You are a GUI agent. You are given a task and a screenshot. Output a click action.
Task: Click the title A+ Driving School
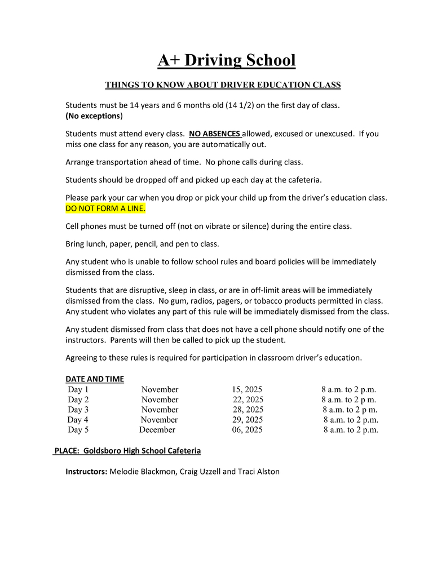pos(226,60)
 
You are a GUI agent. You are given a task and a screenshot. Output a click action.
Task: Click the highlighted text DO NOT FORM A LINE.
pos(105,208)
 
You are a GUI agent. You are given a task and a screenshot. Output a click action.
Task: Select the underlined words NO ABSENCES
pos(214,134)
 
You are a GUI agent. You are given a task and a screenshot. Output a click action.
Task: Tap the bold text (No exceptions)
pos(94,116)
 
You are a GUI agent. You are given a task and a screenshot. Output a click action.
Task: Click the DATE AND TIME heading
pos(95,379)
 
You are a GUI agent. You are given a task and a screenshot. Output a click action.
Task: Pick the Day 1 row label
pos(78,389)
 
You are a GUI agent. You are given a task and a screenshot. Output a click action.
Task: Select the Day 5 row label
pos(78,430)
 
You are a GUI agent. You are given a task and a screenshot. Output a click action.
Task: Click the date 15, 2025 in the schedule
pos(246,389)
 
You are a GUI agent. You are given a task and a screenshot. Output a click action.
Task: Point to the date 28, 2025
pos(248,410)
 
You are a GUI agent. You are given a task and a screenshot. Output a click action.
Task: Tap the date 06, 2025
pos(247,430)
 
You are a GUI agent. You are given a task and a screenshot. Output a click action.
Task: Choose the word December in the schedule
pos(157,430)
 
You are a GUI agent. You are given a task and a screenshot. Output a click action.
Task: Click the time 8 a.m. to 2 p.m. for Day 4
pos(351,420)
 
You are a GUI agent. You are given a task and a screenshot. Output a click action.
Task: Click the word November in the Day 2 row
pos(160,400)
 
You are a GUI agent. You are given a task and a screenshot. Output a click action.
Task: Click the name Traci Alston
pos(258,471)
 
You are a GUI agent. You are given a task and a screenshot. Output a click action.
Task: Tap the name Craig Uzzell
pos(200,471)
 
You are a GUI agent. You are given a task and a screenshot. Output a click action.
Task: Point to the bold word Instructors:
pos(86,471)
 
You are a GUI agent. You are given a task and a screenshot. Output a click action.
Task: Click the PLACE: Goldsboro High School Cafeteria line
pos(127,451)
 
